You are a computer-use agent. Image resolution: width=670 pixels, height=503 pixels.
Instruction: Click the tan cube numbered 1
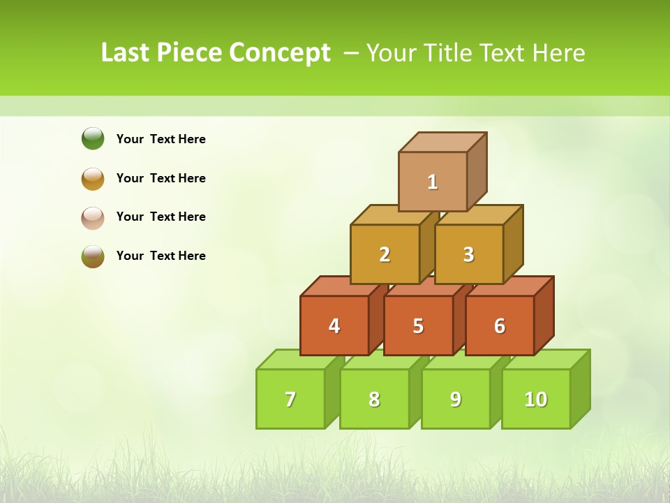point(433,182)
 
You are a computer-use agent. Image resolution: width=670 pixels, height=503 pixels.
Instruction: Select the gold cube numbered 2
point(385,254)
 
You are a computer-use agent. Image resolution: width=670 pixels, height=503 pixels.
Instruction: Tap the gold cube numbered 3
point(468,254)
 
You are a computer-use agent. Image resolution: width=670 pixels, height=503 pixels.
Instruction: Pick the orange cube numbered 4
point(334,326)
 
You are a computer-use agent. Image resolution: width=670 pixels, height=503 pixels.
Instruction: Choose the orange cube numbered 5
point(418,326)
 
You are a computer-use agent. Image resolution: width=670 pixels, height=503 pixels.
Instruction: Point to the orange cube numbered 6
point(500,326)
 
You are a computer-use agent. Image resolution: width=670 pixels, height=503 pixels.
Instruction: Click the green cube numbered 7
point(290,399)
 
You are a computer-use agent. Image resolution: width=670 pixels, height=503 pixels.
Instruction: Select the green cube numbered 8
point(374,399)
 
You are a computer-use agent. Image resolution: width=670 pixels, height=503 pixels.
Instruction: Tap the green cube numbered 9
point(456,399)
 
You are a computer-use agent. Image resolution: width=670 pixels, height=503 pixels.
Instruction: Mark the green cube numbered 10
point(535,399)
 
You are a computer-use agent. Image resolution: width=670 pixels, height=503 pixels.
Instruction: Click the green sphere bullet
point(93,138)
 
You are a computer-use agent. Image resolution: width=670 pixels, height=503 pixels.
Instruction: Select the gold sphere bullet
point(93,178)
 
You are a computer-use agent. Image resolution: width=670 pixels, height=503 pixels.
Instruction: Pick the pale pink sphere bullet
point(93,217)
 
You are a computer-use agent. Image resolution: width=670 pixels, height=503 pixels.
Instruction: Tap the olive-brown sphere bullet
point(93,256)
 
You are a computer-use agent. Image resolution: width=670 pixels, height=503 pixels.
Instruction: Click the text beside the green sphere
point(161,139)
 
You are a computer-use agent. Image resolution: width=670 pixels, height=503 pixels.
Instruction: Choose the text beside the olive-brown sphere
point(161,256)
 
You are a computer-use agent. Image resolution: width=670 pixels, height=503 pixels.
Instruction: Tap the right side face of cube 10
point(580,388)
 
